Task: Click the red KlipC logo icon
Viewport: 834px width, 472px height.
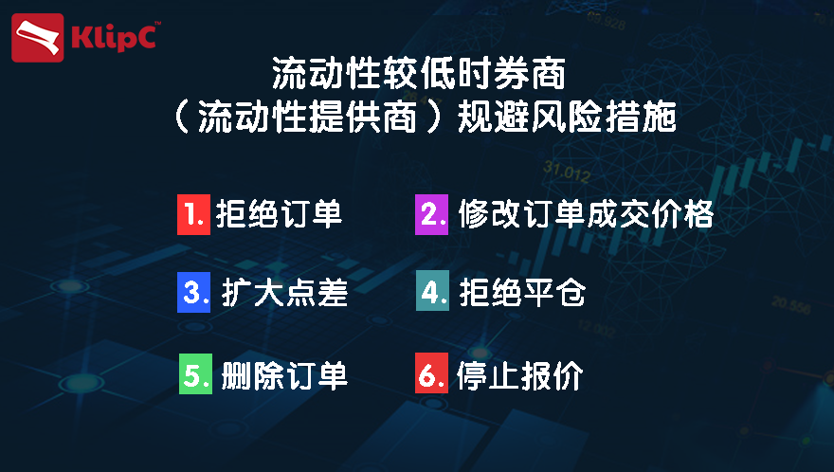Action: pyautogui.click(x=37, y=38)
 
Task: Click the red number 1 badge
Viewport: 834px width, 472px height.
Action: pyautogui.click(x=193, y=215)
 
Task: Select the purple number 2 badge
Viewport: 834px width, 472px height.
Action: pyautogui.click(x=431, y=215)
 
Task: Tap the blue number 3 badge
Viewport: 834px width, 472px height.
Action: pyautogui.click(x=193, y=292)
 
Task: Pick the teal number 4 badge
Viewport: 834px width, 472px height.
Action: pyautogui.click(x=432, y=292)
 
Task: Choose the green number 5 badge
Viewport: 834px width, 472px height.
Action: pyautogui.click(x=195, y=374)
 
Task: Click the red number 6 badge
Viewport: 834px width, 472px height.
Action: pyautogui.click(x=431, y=373)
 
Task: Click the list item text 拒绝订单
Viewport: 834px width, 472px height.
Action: pyautogui.click(x=279, y=214)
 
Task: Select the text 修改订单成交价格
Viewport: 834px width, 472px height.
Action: pyautogui.click(x=586, y=214)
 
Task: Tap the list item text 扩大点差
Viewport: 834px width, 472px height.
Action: pyautogui.click(x=284, y=293)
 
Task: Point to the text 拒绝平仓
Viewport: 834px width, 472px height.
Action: pyautogui.click(x=522, y=292)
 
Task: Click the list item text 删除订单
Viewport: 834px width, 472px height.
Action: pyautogui.click(x=284, y=375)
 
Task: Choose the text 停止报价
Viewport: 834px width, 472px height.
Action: pyautogui.click(x=520, y=375)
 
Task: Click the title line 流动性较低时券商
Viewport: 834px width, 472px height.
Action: pyautogui.click(x=419, y=73)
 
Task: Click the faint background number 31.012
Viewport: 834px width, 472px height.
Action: pyautogui.click(x=567, y=172)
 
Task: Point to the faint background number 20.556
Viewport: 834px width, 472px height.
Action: pyautogui.click(x=791, y=305)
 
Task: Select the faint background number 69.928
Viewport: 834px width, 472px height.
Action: pyautogui.click(x=607, y=21)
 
